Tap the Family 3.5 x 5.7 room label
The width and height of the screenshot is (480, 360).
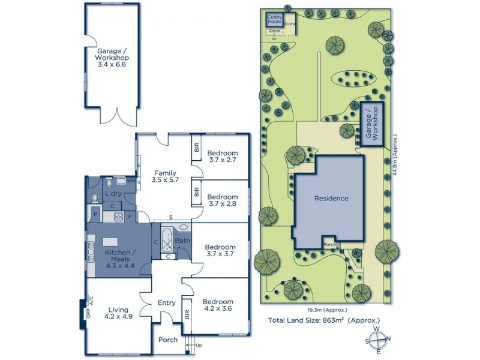(166, 176)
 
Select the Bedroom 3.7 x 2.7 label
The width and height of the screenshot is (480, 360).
(223, 157)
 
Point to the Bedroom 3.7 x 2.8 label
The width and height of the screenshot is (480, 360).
(223, 200)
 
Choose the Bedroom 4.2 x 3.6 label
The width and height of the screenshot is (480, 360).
(218, 305)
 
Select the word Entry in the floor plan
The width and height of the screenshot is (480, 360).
(166, 303)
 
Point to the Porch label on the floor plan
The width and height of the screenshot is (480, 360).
(168, 340)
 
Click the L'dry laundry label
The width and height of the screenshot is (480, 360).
(113, 194)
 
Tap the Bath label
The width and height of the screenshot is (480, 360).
(182, 241)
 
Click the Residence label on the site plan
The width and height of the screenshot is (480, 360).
(331, 199)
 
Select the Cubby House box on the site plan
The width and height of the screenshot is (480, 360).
(274, 20)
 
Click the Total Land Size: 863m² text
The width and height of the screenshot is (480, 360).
(324, 321)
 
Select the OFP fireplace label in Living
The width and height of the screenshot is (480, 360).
(88, 313)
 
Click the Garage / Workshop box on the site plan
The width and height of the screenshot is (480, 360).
(372, 124)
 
